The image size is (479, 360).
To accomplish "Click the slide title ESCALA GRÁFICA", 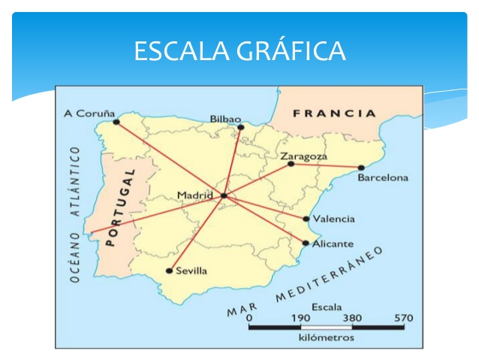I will (239, 51).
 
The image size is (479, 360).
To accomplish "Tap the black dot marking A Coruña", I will (116, 122).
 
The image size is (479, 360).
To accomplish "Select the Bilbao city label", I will (225, 119).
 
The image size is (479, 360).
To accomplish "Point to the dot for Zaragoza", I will (291, 164).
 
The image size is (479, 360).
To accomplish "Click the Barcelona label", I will (383, 178).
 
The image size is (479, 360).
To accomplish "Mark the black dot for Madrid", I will (223, 196).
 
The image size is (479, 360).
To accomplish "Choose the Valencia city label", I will (334, 219).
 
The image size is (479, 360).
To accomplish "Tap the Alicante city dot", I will (306, 243).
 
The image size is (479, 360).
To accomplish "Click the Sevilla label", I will (191, 271).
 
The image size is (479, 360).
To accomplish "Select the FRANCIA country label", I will (335, 114).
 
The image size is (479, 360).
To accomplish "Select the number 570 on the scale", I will (403, 317).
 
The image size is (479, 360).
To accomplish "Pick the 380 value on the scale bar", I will (351, 317).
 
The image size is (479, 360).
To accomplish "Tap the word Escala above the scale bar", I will (327, 307).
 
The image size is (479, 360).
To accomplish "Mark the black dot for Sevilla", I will (169, 271).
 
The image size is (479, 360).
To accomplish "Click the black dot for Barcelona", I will (361, 168).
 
